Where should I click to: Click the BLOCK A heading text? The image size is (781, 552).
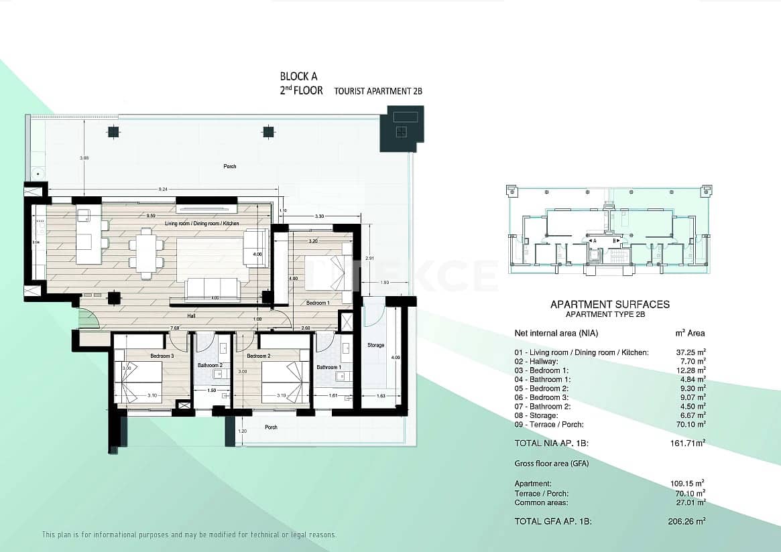click(298, 77)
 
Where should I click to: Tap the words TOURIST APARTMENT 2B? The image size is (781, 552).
click(378, 91)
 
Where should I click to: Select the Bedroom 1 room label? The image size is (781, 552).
click(317, 303)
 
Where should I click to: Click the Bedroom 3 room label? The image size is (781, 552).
click(162, 356)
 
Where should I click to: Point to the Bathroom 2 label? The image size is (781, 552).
click(210, 365)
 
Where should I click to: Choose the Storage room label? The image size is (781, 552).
click(376, 345)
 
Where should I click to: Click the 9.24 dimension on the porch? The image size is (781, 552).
click(162, 190)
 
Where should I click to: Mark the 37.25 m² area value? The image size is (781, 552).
click(691, 352)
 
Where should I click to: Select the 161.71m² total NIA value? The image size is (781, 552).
click(690, 443)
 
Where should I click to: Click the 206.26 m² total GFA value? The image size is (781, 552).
click(690, 521)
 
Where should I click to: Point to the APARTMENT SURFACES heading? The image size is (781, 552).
click(609, 305)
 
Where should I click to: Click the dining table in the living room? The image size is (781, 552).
click(146, 254)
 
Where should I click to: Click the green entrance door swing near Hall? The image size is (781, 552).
click(89, 318)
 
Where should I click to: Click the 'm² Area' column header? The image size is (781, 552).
click(690, 333)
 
